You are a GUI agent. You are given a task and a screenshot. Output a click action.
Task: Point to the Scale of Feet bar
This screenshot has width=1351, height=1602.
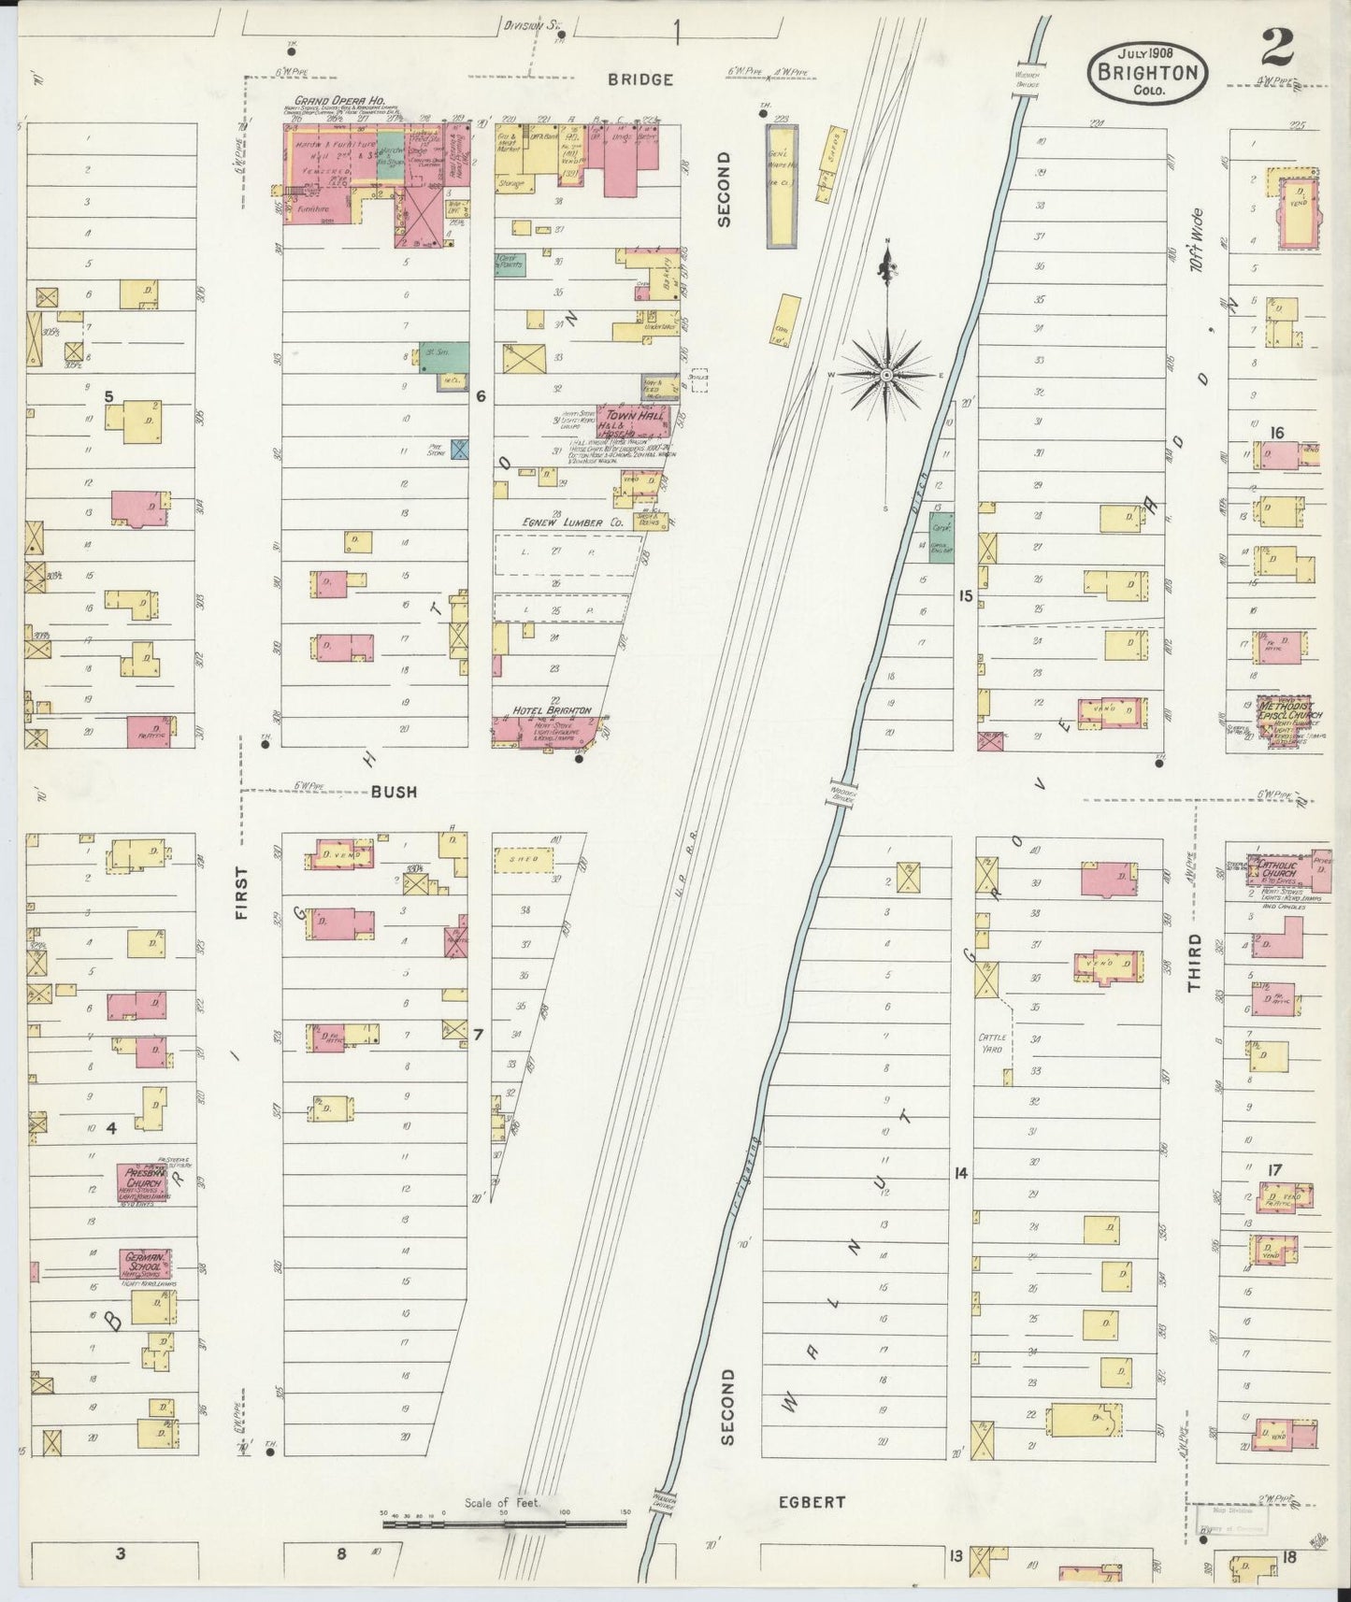click(x=505, y=1524)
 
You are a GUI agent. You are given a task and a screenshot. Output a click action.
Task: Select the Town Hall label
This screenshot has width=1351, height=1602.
click(x=634, y=416)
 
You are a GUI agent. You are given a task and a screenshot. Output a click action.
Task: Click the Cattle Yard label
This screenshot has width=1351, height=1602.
click(x=991, y=1043)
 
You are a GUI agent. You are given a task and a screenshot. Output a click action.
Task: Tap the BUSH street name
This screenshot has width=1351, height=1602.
click(x=394, y=792)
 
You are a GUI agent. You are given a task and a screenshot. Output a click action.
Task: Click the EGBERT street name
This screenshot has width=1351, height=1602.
click(x=812, y=1502)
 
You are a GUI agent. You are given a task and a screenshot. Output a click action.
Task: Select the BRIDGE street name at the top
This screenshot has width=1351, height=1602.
click(x=640, y=80)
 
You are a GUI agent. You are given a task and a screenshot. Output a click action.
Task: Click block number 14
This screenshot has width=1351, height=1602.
click(x=960, y=1174)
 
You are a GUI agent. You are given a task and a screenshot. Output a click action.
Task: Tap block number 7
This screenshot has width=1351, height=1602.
click(x=478, y=1035)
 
